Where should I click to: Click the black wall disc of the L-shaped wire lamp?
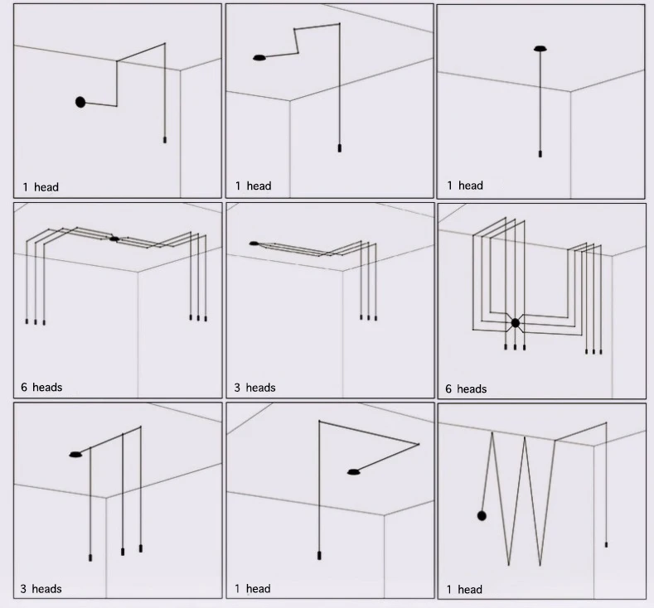80,102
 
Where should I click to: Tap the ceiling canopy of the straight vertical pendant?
540,49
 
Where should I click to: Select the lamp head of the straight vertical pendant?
540,153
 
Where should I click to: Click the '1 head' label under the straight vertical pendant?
464,186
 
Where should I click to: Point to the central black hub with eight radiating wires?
515,323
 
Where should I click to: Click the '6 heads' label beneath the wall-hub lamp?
466,388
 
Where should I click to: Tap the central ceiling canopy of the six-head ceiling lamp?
114,239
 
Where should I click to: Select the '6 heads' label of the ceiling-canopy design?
41,387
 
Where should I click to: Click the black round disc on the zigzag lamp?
482,515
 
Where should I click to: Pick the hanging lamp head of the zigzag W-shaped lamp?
606,544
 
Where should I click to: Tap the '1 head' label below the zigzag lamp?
464,590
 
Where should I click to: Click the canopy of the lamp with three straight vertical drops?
75,454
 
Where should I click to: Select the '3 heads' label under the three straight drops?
41,589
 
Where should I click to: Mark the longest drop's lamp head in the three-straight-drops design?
90,557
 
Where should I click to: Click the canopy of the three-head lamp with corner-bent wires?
254,244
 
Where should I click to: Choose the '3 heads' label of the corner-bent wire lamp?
254,388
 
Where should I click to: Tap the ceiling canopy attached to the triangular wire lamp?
354,472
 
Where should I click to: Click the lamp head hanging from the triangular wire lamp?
318,555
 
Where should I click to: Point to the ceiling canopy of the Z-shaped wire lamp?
259,58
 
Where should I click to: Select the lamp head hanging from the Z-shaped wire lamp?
338,148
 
